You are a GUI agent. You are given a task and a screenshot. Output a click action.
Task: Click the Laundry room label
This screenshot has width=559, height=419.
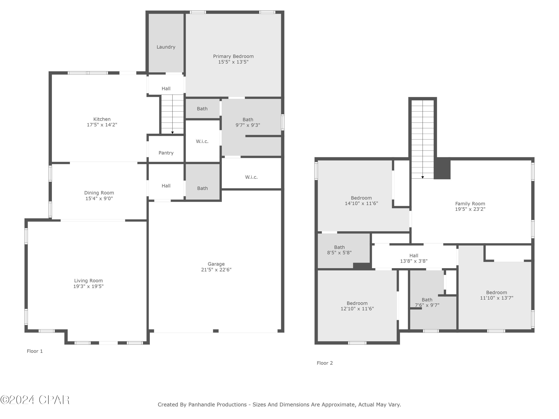pyautogui.click(x=166, y=47)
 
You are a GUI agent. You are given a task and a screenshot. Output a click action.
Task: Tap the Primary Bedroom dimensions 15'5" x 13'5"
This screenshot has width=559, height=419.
pyautogui.click(x=233, y=62)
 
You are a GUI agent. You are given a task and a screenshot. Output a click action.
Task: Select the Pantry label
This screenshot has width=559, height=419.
pyautogui.click(x=166, y=153)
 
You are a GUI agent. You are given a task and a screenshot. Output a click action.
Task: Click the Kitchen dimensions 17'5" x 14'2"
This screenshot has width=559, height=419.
pyautogui.click(x=102, y=125)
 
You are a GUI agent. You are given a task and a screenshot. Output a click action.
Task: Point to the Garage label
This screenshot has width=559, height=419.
pyautogui.click(x=216, y=264)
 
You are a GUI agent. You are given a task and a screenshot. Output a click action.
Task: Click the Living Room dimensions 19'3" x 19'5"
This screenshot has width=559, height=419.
pyautogui.click(x=89, y=286)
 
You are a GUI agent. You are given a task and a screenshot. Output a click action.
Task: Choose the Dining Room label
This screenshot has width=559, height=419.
pyautogui.click(x=99, y=193)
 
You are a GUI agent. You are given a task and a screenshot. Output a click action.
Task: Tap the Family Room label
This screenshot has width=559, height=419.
pyautogui.click(x=470, y=204)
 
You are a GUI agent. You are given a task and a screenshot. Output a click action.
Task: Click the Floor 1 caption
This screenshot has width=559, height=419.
pyautogui.click(x=35, y=351)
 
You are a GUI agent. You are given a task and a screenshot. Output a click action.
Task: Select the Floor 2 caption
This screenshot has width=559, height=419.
pyautogui.click(x=325, y=363)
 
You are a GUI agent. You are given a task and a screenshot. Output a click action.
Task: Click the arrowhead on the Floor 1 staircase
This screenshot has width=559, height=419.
pyautogui.click(x=172, y=133)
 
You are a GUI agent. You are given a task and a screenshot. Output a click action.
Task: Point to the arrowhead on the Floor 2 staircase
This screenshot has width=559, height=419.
pyautogui.click(x=423, y=177)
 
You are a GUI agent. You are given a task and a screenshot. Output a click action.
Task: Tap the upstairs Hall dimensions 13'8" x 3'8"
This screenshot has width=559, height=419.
pyautogui.click(x=414, y=261)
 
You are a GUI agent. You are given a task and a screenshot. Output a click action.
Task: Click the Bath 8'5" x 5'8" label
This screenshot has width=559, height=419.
pyautogui.click(x=339, y=247)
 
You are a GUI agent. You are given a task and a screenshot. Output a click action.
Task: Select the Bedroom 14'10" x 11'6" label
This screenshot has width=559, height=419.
pyautogui.click(x=361, y=198)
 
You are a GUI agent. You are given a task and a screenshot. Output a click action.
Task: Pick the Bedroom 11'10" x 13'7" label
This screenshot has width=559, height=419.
pyautogui.click(x=496, y=293)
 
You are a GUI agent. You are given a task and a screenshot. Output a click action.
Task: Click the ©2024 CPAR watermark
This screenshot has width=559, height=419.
pyautogui.click(x=35, y=400)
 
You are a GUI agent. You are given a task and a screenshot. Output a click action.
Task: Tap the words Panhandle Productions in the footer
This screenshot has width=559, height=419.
pyautogui.click(x=217, y=405)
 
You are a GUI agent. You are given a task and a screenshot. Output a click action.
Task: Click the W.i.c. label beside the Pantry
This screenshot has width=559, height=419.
pyautogui.click(x=202, y=141)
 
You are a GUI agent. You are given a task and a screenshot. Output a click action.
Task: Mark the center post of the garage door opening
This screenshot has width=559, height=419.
pyautogui.click(x=216, y=331)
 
